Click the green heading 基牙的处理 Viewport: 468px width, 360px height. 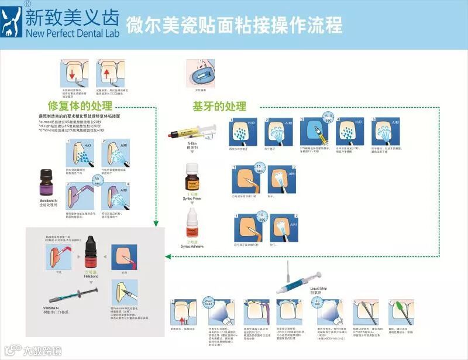point(219,107)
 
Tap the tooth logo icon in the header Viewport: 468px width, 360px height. point(12,22)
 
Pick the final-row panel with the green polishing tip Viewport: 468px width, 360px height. point(401,313)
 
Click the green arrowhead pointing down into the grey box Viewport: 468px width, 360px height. point(156,224)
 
